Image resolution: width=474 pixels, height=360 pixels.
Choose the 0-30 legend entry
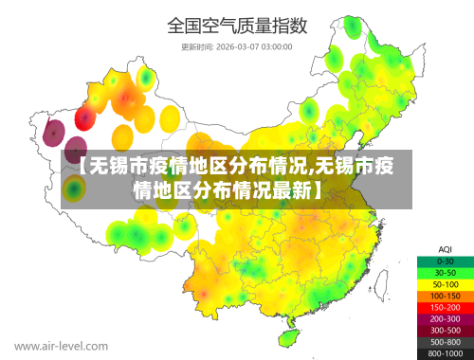tap(445, 260)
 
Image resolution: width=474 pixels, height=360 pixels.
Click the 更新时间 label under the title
tap(197, 45)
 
